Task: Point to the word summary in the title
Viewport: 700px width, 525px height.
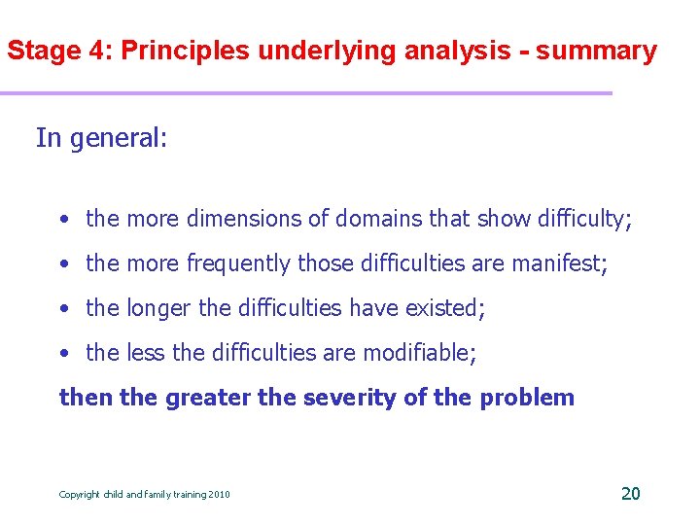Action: point(596,52)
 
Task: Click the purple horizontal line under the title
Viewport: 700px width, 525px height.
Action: point(306,93)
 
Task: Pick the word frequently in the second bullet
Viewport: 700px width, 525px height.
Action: point(239,263)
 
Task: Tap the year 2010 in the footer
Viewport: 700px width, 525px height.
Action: point(219,495)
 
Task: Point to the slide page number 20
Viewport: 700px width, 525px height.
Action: point(630,494)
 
